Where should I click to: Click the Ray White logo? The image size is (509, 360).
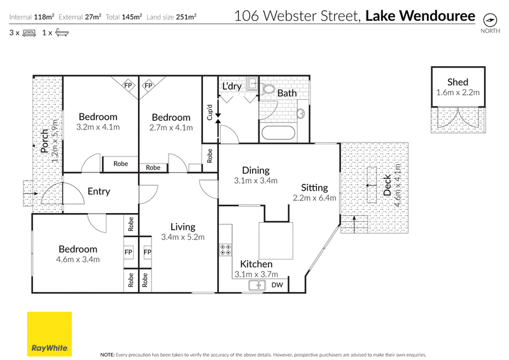click(x=50, y=334)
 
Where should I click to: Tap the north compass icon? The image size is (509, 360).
click(x=490, y=20)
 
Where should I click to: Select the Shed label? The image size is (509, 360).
click(x=457, y=82)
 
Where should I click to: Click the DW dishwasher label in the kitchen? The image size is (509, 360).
click(x=277, y=285)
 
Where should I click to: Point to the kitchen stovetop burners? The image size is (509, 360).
click(x=226, y=249)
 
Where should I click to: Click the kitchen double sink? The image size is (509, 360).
click(x=257, y=286)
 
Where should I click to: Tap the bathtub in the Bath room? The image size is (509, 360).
click(x=279, y=133)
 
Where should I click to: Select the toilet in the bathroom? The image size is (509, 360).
click(x=268, y=89)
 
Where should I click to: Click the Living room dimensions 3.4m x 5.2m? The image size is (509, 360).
click(x=183, y=237)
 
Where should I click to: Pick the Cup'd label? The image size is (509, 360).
click(x=209, y=112)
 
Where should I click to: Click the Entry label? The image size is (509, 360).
click(x=99, y=191)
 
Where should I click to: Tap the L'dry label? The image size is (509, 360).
click(x=232, y=87)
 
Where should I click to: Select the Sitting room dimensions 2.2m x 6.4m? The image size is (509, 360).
click(x=314, y=198)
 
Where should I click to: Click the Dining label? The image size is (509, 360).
click(x=256, y=170)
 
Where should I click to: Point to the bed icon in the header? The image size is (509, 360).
click(x=29, y=33)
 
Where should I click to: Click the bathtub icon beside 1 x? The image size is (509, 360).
click(x=62, y=32)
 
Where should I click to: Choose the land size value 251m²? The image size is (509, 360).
click(x=186, y=17)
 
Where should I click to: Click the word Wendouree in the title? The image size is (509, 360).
click(x=437, y=15)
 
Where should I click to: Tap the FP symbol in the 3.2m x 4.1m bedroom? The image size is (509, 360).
click(x=129, y=85)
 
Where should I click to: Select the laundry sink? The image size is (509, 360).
click(x=252, y=84)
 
